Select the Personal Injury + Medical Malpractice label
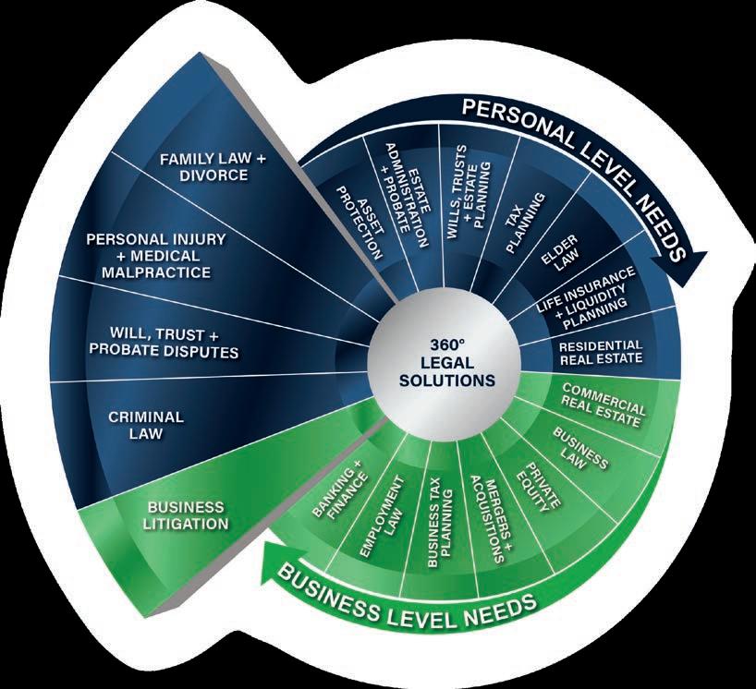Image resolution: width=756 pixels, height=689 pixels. click(156, 255)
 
